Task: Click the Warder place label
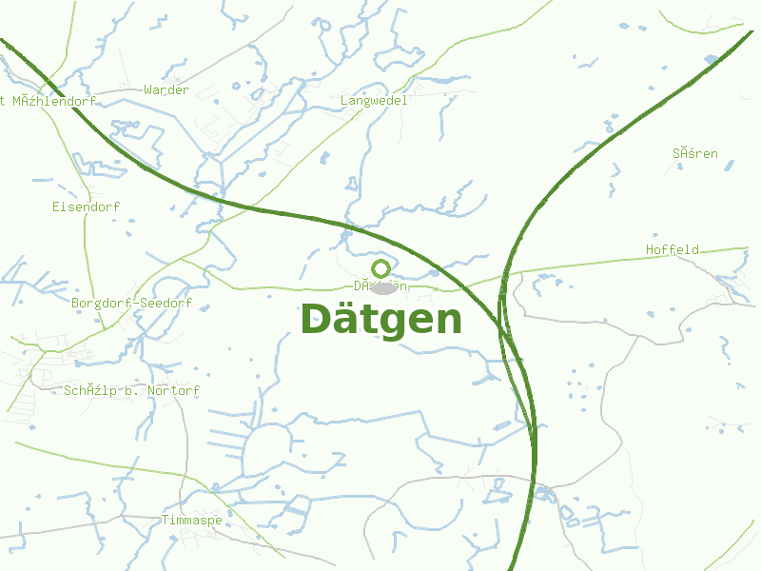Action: (166, 90)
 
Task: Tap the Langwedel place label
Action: (374, 100)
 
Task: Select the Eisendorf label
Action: (86, 207)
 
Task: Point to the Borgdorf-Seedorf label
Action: (131, 304)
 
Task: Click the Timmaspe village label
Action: (191, 521)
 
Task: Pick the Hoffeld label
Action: (673, 250)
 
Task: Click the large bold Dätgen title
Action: (381, 320)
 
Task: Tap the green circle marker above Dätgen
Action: (381, 268)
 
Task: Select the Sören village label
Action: (695, 153)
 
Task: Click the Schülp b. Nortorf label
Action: (132, 391)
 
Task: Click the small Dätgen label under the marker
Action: (380, 285)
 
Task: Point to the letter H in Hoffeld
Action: (651, 250)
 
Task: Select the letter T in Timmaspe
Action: (165, 521)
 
